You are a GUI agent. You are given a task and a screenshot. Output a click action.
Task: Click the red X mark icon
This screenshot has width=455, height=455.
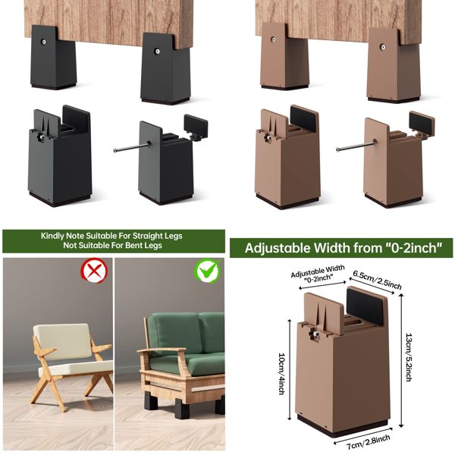[x=94, y=270]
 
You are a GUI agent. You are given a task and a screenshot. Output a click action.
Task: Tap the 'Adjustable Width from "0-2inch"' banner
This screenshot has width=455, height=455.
[x=340, y=248]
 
